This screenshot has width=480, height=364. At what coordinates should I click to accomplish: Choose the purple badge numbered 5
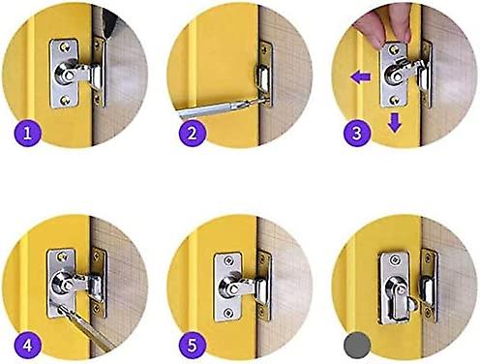[192, 342]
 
